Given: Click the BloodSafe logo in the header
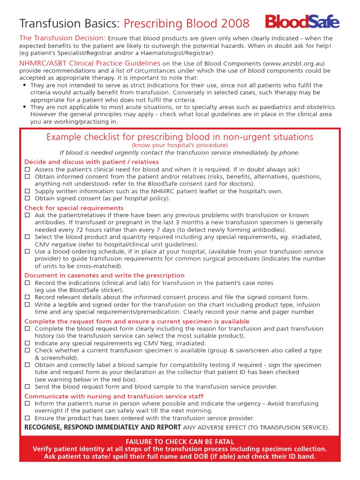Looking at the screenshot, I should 302,22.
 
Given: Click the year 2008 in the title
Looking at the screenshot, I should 234,23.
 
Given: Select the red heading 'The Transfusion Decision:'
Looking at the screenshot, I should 62,38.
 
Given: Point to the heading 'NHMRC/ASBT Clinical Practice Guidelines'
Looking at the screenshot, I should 90,63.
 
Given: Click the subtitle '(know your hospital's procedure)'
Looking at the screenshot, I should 180,146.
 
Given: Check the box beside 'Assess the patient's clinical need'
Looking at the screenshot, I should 27,169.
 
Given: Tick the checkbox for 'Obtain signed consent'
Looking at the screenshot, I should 27,199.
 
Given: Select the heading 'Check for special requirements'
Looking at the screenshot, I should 74,208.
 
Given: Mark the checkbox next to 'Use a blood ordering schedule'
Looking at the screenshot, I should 27,252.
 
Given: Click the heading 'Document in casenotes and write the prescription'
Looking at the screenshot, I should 105,275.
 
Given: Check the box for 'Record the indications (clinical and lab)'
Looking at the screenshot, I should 27,283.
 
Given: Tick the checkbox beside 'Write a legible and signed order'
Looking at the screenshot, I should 27,305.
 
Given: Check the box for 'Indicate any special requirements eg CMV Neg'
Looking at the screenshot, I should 27,343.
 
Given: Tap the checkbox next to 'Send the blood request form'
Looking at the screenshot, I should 27,387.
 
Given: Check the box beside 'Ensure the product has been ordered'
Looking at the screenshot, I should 27,418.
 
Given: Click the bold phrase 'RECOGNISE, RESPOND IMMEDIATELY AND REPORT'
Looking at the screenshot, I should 103,427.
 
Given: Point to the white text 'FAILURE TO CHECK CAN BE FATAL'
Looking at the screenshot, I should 180,442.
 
